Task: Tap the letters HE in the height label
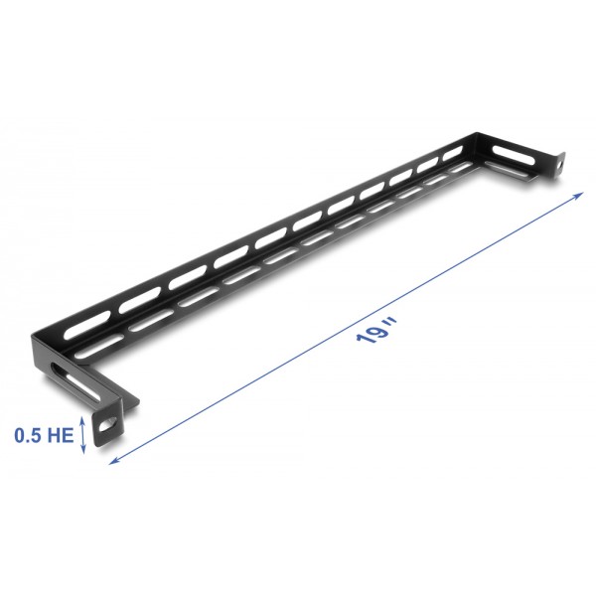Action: pos(61,435)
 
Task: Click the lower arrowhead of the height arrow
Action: pos(84,451)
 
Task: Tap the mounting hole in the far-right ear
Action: pos(559,160)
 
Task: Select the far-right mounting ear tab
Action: pos(557,161)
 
